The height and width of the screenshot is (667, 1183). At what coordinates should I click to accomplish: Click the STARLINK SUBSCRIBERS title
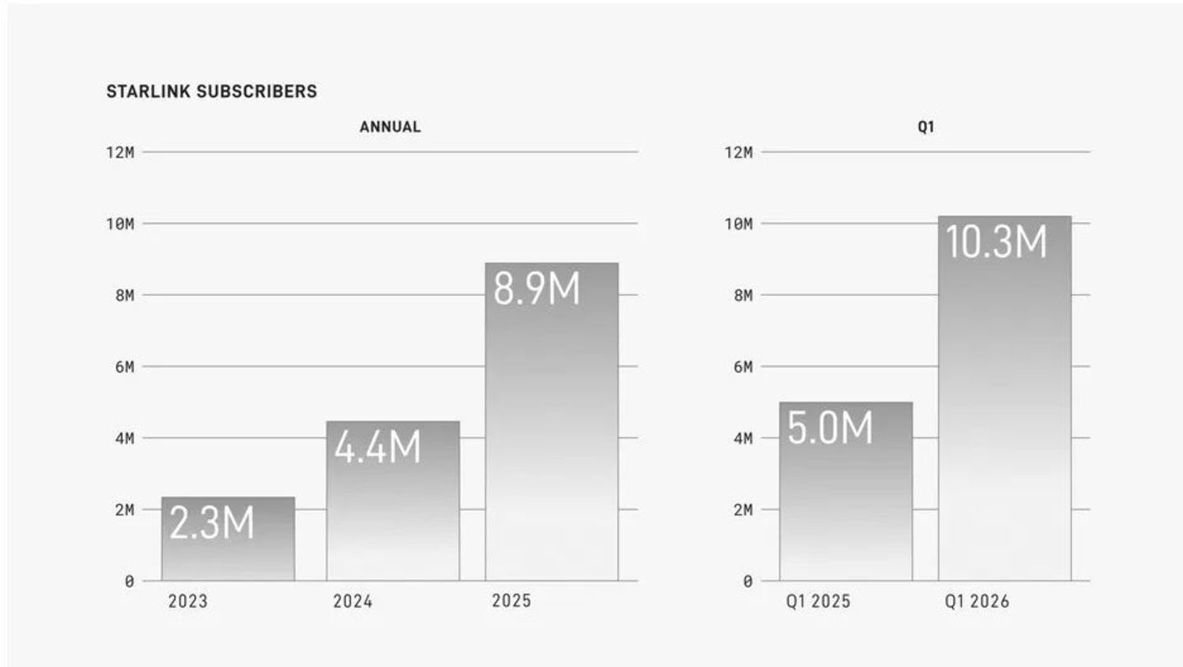212,91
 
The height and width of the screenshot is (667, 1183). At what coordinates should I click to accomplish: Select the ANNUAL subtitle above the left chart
390,127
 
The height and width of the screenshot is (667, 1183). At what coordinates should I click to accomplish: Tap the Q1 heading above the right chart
926,127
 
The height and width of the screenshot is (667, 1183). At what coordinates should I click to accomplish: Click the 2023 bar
229,539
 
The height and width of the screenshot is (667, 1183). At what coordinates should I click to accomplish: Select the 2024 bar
393,501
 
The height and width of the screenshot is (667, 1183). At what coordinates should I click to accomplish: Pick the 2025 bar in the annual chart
552,422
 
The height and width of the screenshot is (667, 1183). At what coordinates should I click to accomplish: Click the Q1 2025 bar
846,492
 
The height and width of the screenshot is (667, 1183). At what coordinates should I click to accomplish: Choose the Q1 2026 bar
1005,399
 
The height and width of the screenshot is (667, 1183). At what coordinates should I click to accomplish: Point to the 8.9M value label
537,289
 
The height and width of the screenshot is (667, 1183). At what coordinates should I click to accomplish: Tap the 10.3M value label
996,242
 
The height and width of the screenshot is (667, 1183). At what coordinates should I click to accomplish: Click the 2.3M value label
212,523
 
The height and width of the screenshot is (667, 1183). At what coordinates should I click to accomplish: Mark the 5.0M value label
829,428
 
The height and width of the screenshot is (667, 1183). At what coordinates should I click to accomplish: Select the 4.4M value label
377,447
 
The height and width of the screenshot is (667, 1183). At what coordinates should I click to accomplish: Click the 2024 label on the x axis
353,601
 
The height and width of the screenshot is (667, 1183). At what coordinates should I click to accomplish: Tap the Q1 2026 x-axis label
977,601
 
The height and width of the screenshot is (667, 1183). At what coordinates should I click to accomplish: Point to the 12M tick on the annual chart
120,153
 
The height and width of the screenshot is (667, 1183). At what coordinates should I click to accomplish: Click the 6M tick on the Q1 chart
743,367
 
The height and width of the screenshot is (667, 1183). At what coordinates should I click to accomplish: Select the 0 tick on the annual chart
130,581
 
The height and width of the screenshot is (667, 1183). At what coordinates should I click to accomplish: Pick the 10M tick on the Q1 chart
738,224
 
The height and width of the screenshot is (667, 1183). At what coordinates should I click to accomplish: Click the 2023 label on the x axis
188,601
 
